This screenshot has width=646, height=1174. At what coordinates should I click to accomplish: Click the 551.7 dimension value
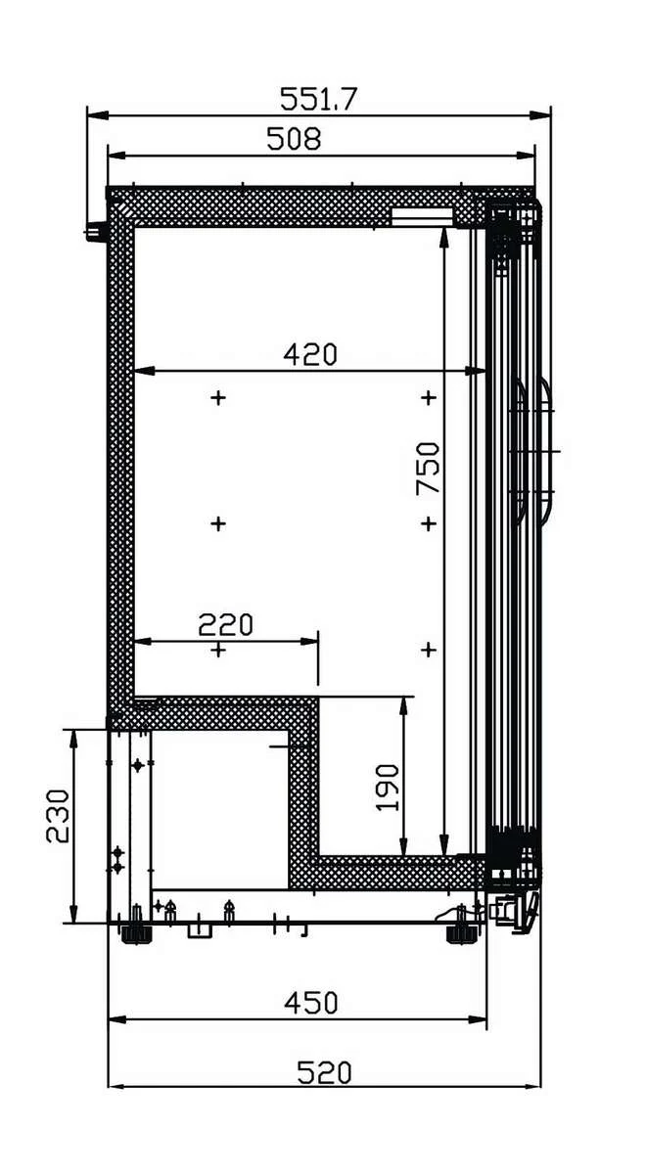point(318,99)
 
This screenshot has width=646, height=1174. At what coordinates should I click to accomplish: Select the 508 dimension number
point(294,139)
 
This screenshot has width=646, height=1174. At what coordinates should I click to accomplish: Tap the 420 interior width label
point(310,355)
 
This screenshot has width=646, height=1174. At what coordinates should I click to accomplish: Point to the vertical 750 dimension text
point(428,468)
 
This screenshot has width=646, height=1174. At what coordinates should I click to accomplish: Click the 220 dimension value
point(225,624)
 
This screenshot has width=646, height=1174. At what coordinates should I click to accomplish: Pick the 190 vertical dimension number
point(388,788)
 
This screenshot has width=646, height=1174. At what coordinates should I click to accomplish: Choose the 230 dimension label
point(57,816)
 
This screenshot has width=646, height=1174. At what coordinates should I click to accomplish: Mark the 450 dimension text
point(311,1003)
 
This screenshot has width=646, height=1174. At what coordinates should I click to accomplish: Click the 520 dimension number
point(324,1072)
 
